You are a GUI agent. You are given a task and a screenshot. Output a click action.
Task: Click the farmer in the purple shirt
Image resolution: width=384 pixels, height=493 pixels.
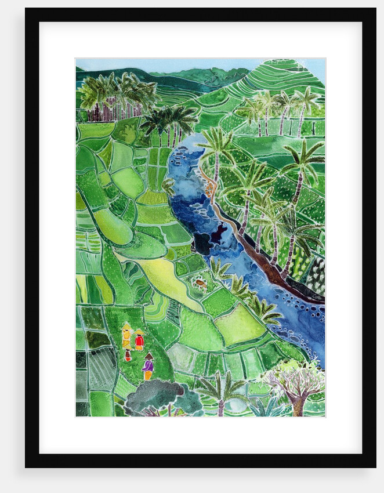click(x=148, y=367)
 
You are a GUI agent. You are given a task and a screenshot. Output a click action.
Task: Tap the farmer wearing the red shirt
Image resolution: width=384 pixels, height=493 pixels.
click(x=139, y=341)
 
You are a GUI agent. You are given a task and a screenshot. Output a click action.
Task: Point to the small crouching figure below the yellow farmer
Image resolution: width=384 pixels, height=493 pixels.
click(x=128, y=355)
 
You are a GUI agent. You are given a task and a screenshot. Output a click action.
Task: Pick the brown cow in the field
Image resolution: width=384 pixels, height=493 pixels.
click(x=200, y=284)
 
